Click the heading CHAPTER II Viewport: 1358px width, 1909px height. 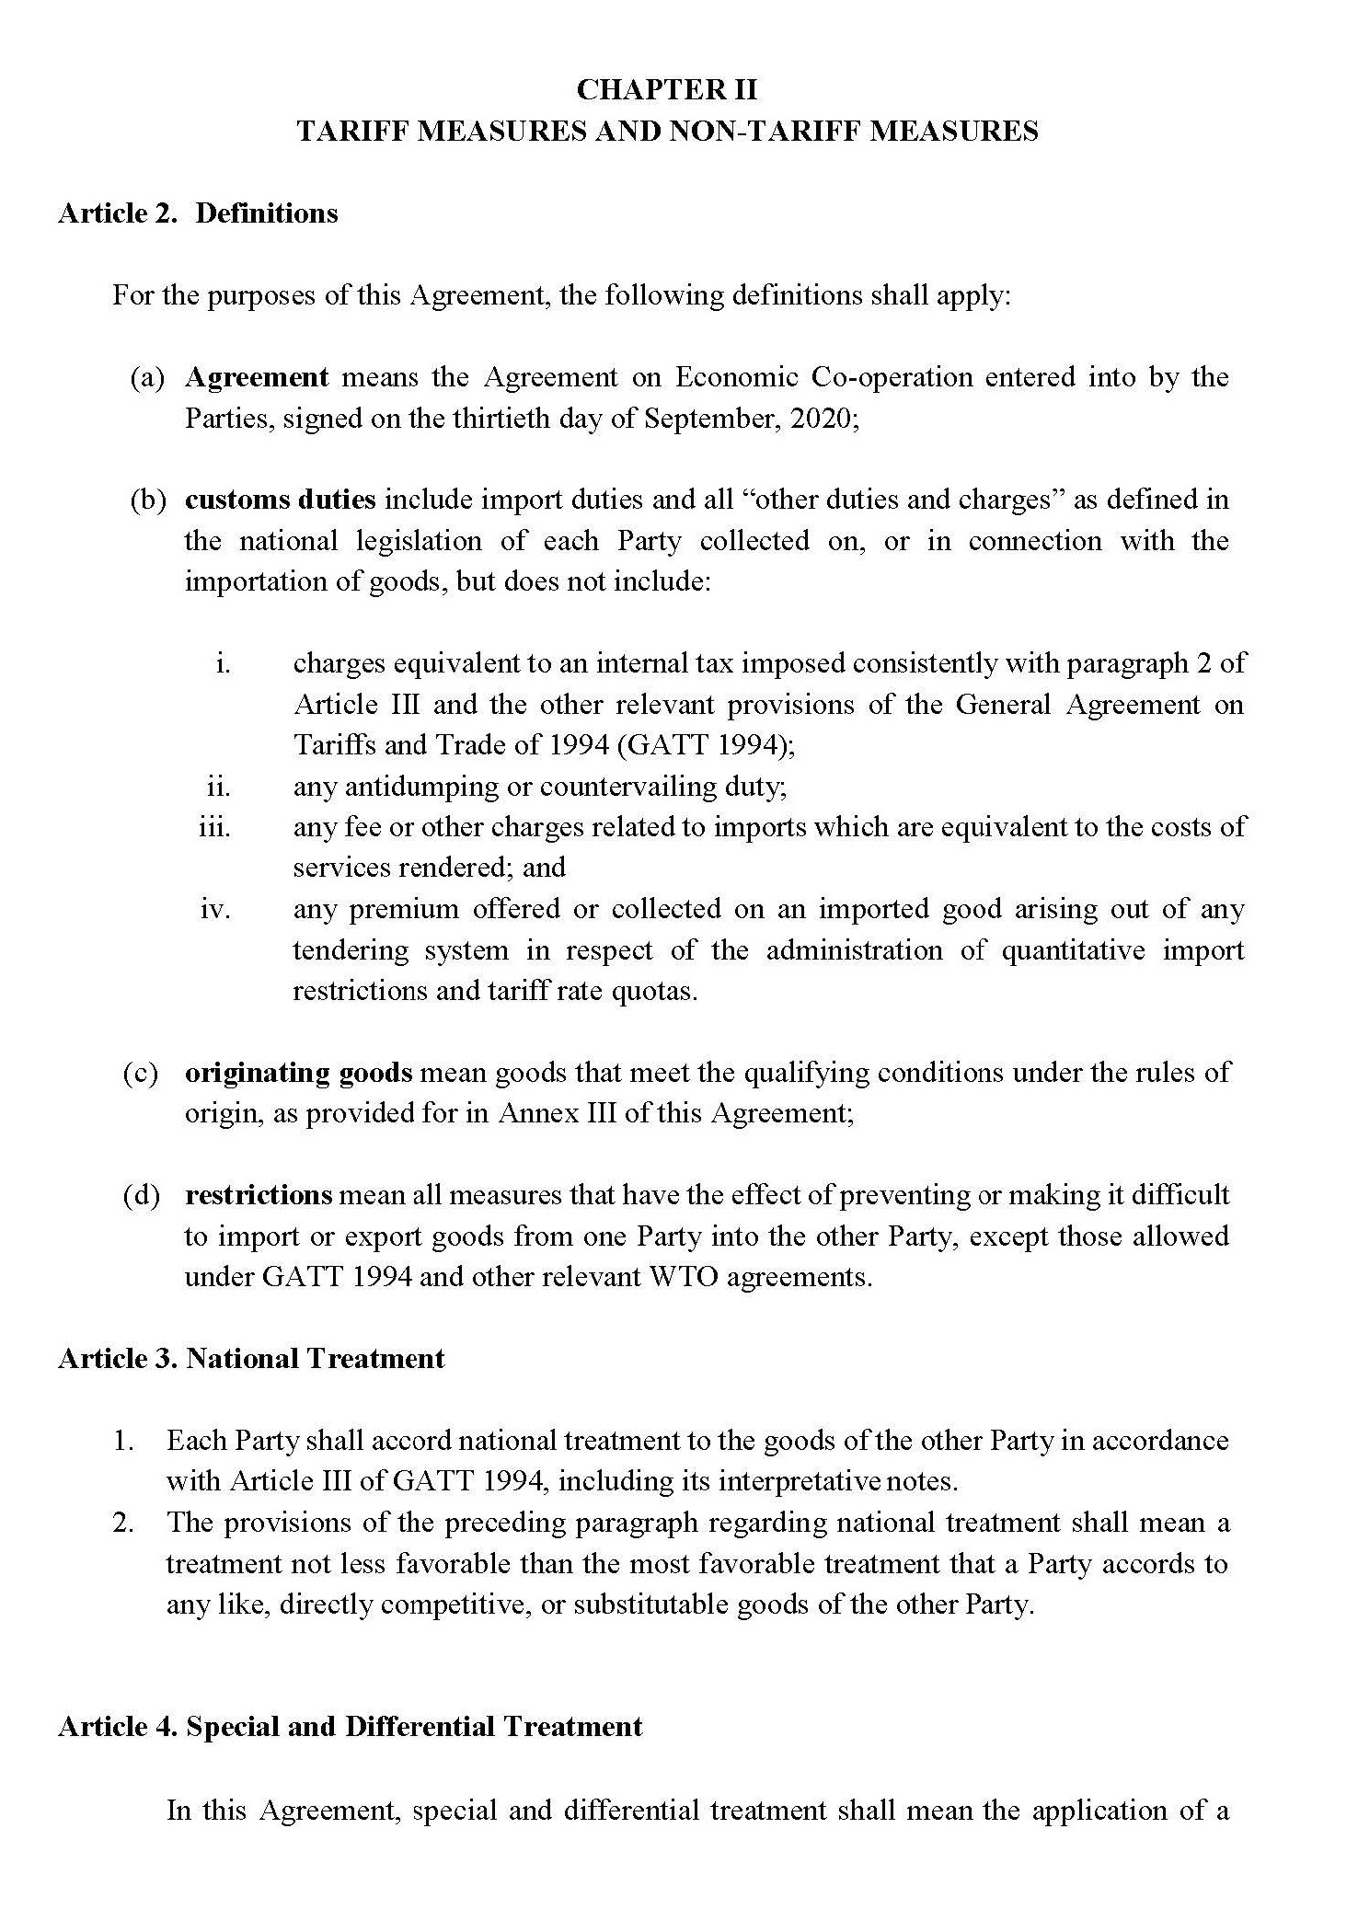[667, 89]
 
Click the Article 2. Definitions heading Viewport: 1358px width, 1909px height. [198, 213]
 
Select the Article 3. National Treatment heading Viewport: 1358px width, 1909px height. [251, 1359]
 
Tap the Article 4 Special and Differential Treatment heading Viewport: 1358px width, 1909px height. [350, 1727]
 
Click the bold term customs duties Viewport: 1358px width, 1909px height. [281, 500]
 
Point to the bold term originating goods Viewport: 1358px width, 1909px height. [299, 1073]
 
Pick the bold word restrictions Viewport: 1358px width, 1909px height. [259, 1195]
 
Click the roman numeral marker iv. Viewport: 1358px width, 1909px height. [215, 910]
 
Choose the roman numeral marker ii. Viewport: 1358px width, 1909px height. [218, 787]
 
